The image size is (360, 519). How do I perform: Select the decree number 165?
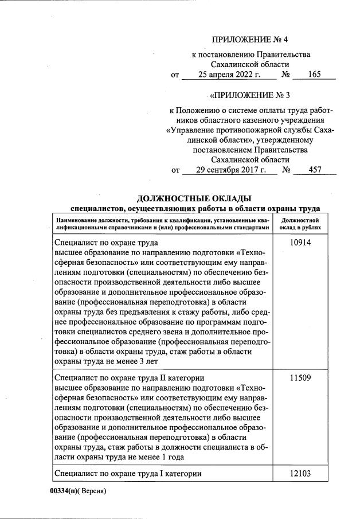click(x=314, y=75)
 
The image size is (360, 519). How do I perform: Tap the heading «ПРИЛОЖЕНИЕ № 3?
click(x=250, y=95)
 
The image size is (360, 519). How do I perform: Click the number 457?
click(x=314, y=170)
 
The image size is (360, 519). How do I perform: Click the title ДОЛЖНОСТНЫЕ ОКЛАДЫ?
click(x=194, y=198)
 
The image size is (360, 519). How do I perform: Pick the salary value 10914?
click(x=300, y=243)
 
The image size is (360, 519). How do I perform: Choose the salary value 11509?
click(x=300, y=378)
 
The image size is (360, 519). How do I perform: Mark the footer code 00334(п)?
click(x=64, y=491)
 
